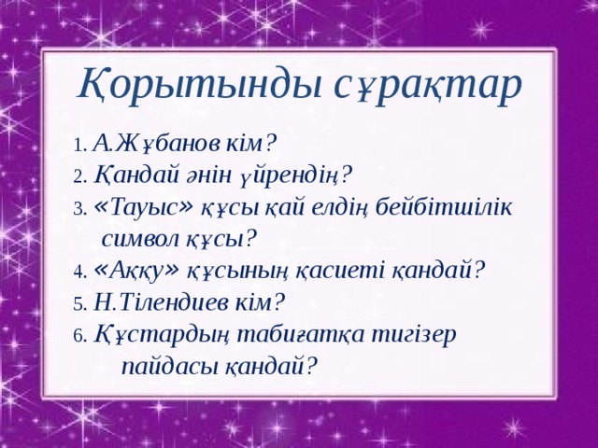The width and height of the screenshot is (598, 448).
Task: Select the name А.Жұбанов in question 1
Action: point(158,143)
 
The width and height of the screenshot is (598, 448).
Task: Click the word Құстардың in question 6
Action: point(164,333)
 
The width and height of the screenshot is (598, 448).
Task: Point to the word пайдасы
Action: point(168,365)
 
